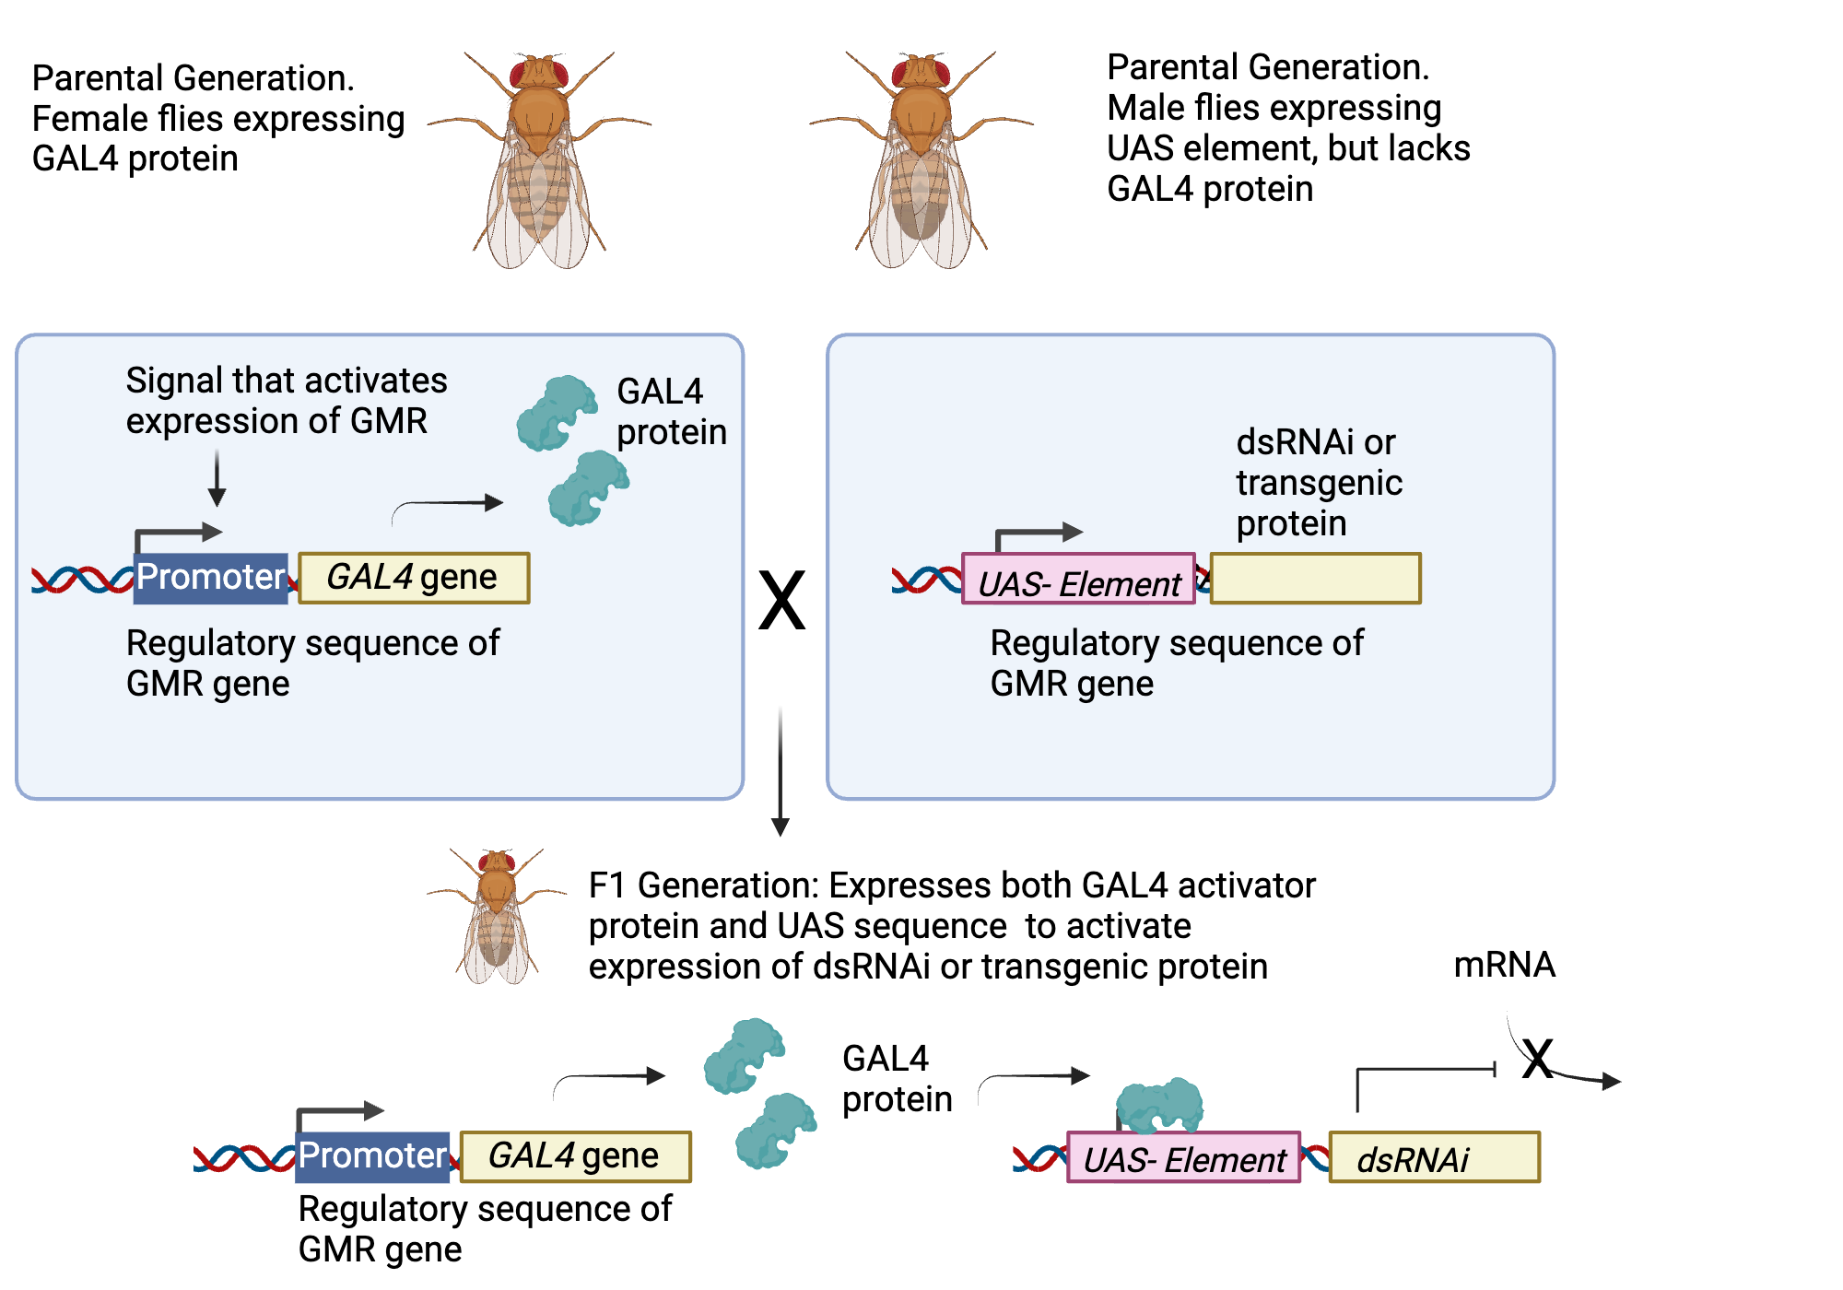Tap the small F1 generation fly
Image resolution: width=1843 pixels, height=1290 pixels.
click(498, 916)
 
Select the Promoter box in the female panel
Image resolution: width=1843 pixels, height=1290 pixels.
click(211, 578)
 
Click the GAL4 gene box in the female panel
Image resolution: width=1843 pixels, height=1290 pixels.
click(414, 578)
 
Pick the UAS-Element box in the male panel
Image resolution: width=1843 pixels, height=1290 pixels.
click(1078, 580)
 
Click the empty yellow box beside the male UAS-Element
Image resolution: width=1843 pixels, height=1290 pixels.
click(1315, 579)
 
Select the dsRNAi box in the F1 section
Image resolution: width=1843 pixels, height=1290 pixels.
click(1434, 1157)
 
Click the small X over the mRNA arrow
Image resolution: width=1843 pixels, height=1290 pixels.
click(1537, 1059)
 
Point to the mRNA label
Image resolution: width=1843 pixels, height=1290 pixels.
click(1504, 965)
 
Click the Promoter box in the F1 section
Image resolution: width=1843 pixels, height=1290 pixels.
click(372, 1156)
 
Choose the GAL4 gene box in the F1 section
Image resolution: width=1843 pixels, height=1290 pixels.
click(575, 1156)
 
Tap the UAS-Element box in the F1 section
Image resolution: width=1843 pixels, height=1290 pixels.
click(1183, 1158)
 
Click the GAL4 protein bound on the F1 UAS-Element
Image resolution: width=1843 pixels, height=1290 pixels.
click(1159, 1104)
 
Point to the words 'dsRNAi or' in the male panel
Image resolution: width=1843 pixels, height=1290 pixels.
click(1315, 442)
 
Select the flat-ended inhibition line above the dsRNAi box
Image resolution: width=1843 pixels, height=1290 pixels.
click(1424, 1071)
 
